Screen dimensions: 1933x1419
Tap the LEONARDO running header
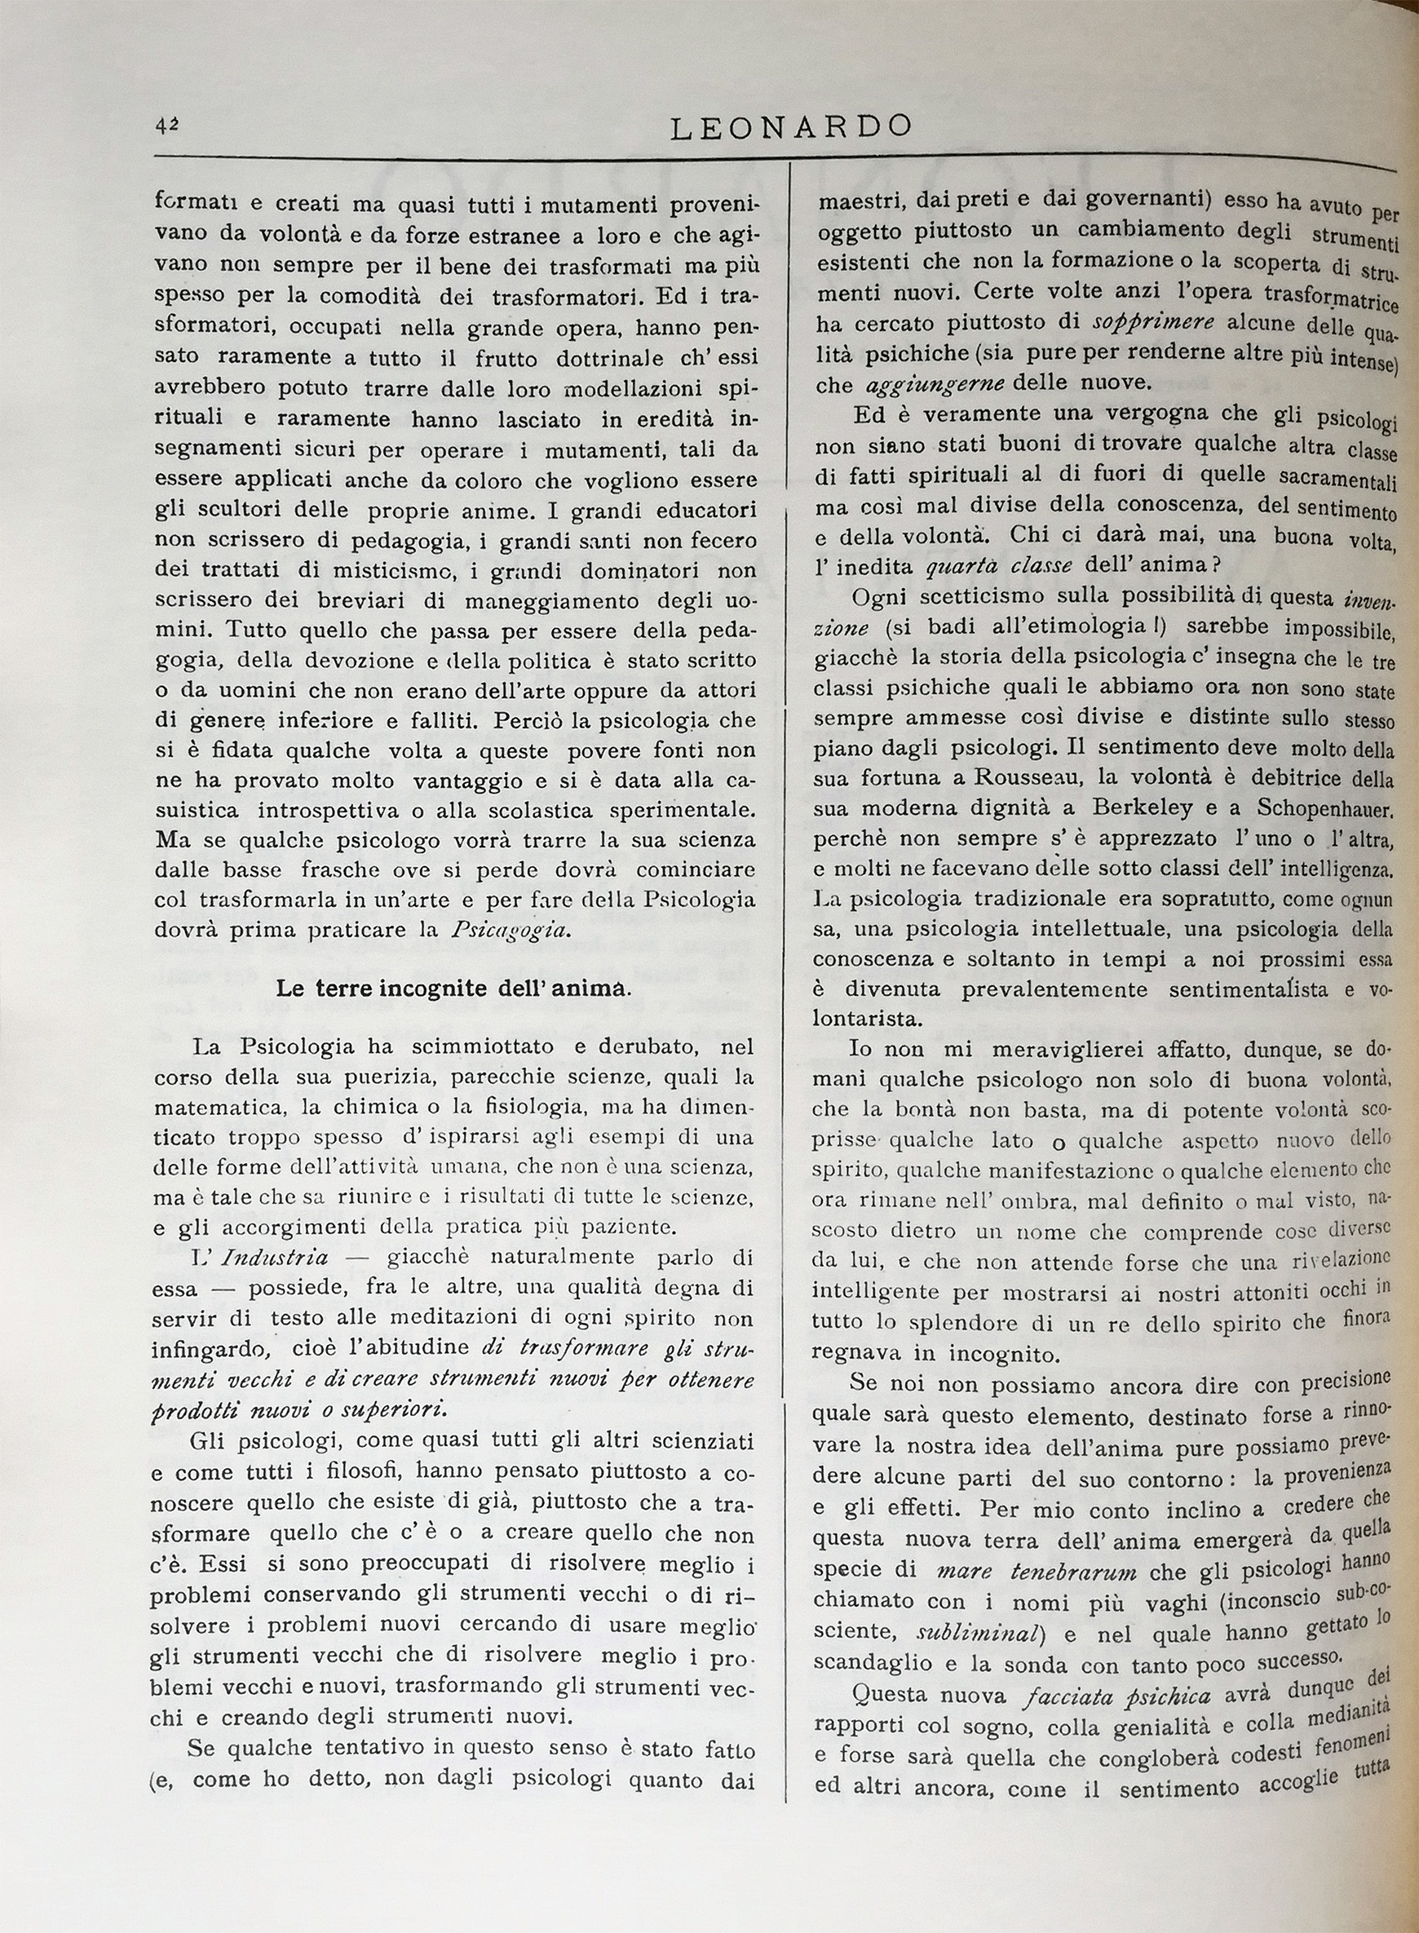tap(790, 127)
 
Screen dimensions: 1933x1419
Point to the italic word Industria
tap(275, 1258)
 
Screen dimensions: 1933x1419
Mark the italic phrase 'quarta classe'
tap(999, 567)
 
